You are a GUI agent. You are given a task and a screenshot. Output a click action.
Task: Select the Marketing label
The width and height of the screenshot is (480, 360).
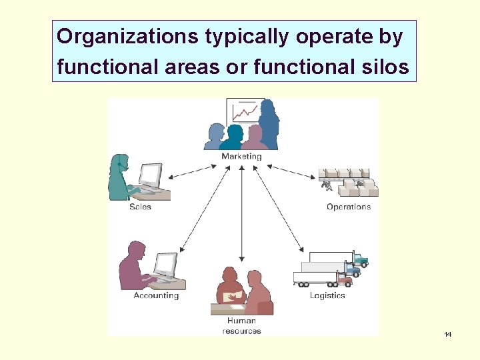(x=241, y=157)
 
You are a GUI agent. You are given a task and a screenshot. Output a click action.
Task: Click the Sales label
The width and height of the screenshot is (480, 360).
(x=140, y=207)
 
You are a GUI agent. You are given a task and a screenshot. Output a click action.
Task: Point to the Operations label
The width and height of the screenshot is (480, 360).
(x=349, y=207)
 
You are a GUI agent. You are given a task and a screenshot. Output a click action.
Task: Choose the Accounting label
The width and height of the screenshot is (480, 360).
(x=156, y=295)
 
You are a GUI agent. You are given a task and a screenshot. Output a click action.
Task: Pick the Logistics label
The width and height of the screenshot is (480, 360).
(x=327, y=295)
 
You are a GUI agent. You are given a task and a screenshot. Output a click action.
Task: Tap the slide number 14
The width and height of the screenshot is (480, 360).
(x=447, y=334)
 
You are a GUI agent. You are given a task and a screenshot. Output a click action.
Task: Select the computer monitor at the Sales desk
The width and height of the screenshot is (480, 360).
(x=150, y=175)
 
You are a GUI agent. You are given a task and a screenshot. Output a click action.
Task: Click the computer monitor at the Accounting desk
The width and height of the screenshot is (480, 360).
(x=165, y=264)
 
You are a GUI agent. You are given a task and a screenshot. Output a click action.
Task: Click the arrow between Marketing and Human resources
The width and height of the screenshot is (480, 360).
(x=241, y=213)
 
